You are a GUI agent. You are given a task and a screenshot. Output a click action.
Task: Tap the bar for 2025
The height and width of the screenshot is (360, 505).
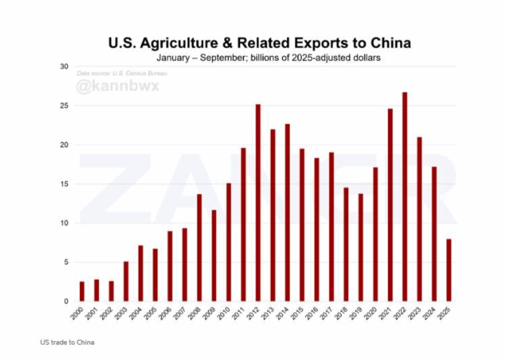449,270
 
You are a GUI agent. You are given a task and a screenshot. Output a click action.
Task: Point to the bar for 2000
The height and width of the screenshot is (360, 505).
82,291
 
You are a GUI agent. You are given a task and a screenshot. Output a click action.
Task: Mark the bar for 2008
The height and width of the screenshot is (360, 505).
199,248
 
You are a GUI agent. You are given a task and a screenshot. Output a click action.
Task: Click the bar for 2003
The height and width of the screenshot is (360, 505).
126,281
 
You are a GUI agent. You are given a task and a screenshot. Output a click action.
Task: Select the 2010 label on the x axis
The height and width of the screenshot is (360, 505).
225,312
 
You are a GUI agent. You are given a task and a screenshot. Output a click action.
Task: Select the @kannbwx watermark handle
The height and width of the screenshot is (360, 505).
117,87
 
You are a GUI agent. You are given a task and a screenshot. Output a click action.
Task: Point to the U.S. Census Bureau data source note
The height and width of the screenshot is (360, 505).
122,74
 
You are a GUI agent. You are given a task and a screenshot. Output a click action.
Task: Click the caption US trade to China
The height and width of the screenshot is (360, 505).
67,342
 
